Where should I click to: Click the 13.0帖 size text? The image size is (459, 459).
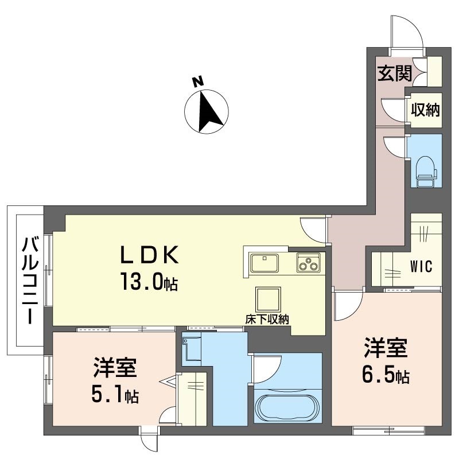click(x=149, y=282)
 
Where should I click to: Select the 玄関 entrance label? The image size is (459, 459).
click(x=394, y=73)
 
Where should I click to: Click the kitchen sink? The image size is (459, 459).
click(x=264, y=263)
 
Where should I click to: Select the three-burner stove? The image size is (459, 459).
click(x=309, y=263)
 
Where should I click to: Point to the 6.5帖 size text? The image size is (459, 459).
click(x=386, y=376)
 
